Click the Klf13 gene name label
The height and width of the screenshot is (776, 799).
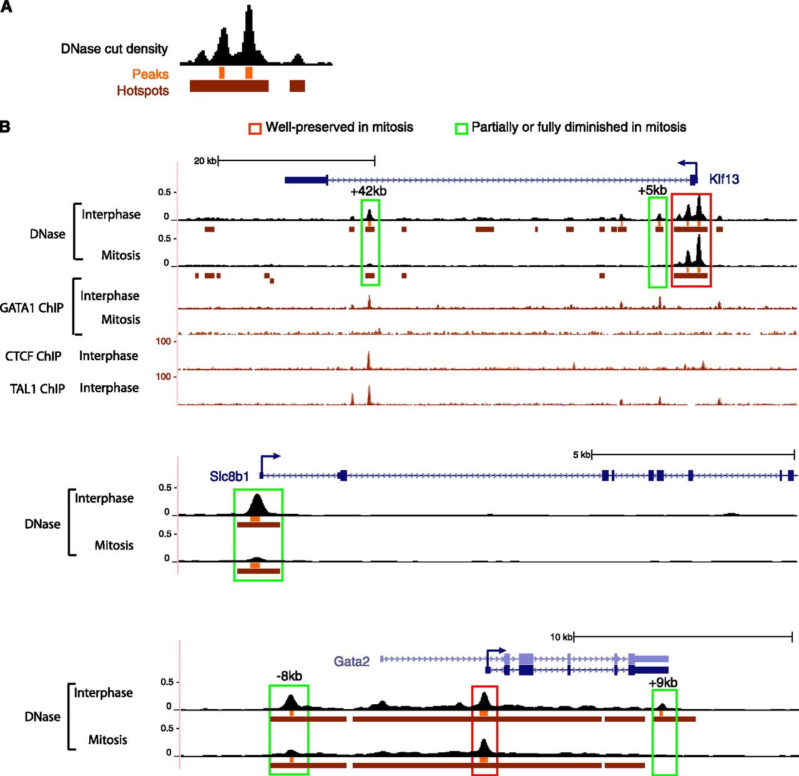coord(724,179)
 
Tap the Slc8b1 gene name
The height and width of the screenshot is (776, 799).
coord(229,476)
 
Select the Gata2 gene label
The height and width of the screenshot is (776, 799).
coord(351,661)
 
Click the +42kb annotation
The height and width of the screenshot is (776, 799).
coord(368,191)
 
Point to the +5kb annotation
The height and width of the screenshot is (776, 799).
coord(652,190)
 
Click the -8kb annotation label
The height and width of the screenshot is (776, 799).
coord(289,676)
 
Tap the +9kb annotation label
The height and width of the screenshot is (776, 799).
coord(663,683)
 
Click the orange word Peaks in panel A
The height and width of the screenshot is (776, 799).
coord(150,74)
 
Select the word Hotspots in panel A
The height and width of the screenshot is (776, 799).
coord(143,91)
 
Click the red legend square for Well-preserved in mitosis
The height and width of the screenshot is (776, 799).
coord(255,129)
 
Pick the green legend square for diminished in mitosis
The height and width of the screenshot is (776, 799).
coord(461,129)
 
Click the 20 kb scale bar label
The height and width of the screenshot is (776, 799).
coord(205,161)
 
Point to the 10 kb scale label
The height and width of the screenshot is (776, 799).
coord(561,637)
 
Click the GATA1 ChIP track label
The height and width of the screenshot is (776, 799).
coord(32,308)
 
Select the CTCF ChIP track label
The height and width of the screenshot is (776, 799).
coord(33,356)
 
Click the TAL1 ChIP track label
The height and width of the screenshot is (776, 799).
coord(37,389)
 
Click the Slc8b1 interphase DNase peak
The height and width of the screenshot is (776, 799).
coord(257,504)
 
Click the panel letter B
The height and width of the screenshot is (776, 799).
coord(5,127)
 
